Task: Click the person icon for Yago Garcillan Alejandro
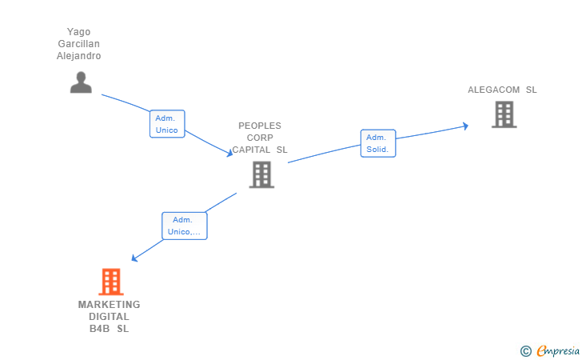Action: (x=81, y=82)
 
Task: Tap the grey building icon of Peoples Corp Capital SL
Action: (x=261, y=174)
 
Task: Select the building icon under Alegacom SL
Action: (x=504, y=114)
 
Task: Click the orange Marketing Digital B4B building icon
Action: (x=110, y=282)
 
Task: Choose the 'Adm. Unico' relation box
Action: (x=167, y=124)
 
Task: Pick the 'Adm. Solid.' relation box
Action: (x=377, y=143)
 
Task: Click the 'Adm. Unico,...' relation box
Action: (x=184, y=226)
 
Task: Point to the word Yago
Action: (x=79, y=32)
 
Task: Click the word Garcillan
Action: (x=79, y=44)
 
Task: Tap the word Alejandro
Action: (x=79, y=56)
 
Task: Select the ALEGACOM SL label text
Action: (x=502, y=90)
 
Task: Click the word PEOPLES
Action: (x=260, y=126)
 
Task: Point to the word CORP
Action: (x=260, y=138)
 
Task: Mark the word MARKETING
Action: (x=109, y=305)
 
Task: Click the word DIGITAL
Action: (x=109, y=317)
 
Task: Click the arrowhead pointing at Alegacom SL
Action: (x=465, y=126)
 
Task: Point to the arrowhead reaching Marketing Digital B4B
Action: (x=134, y=258)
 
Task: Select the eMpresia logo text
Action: (x=558, y=350)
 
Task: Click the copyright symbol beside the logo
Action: (x=525, y=350)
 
